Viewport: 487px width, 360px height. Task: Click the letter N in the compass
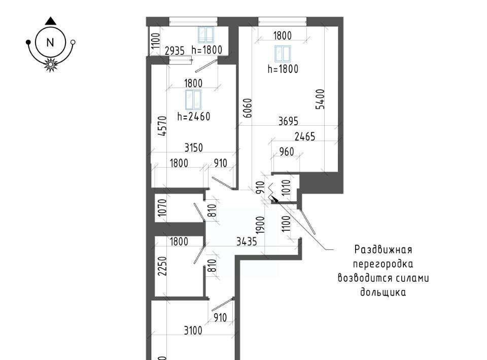coord(50,42)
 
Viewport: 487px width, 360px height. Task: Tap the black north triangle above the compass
coord(50,21)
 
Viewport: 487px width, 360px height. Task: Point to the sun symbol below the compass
coord(50,64)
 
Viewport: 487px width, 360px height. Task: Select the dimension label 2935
coord(175,51)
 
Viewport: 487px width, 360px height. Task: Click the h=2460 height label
coord(194,117)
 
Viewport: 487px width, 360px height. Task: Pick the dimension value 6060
coord(248,108)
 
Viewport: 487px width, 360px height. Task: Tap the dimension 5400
coord(320,99)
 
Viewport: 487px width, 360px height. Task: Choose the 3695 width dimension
coord(288,121)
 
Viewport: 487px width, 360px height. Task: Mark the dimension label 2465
coord(305,136)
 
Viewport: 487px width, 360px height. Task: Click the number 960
coord(286,152)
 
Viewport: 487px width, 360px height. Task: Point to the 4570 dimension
coord(162,126)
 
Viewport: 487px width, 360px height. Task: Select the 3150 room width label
coord(193,148)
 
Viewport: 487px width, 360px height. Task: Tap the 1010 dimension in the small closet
coord(286,188)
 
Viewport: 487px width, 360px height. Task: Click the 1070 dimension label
coord(162,207)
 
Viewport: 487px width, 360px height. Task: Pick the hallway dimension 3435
coord(247,241)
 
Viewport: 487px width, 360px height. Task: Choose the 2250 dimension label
coord(162,266)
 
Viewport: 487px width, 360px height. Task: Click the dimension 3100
coord(193,331)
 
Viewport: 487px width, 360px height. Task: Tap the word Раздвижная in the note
coord(384,249)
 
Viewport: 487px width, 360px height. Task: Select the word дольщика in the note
coord(383,293)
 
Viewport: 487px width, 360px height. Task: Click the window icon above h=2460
coord(193,99)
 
